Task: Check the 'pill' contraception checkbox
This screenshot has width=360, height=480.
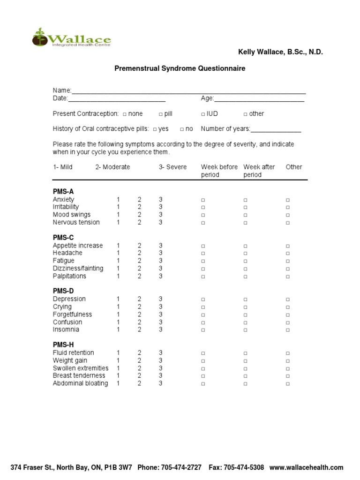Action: click(160, 114)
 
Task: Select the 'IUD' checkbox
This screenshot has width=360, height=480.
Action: click(203, 114)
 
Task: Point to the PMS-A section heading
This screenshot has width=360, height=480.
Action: click(63, 191)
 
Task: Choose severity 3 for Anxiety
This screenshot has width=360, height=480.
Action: click(161, 199)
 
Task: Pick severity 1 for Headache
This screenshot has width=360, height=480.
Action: click(119, 253)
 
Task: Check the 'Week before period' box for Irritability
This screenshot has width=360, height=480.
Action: click(203, 207)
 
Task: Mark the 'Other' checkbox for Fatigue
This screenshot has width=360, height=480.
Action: click(288, 261)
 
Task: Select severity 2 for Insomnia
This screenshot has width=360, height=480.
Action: click(139, 330)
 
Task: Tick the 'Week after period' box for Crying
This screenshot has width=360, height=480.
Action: click(245, 307)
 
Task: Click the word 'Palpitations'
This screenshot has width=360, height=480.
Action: click(69, 276)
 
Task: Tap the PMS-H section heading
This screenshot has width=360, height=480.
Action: click(63, 345)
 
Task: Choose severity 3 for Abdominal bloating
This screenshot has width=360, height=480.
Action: click(161, 383)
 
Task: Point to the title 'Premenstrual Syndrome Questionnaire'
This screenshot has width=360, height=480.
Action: click(180, 68)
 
